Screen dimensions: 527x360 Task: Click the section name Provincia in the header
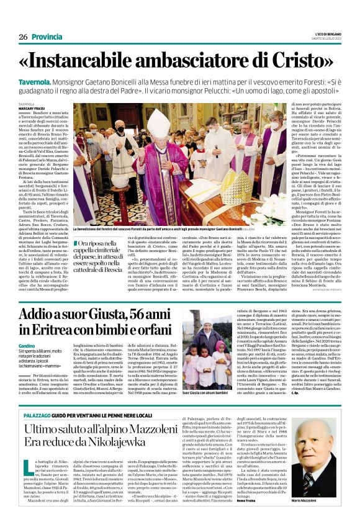47,37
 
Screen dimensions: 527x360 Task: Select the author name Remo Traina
248,508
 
